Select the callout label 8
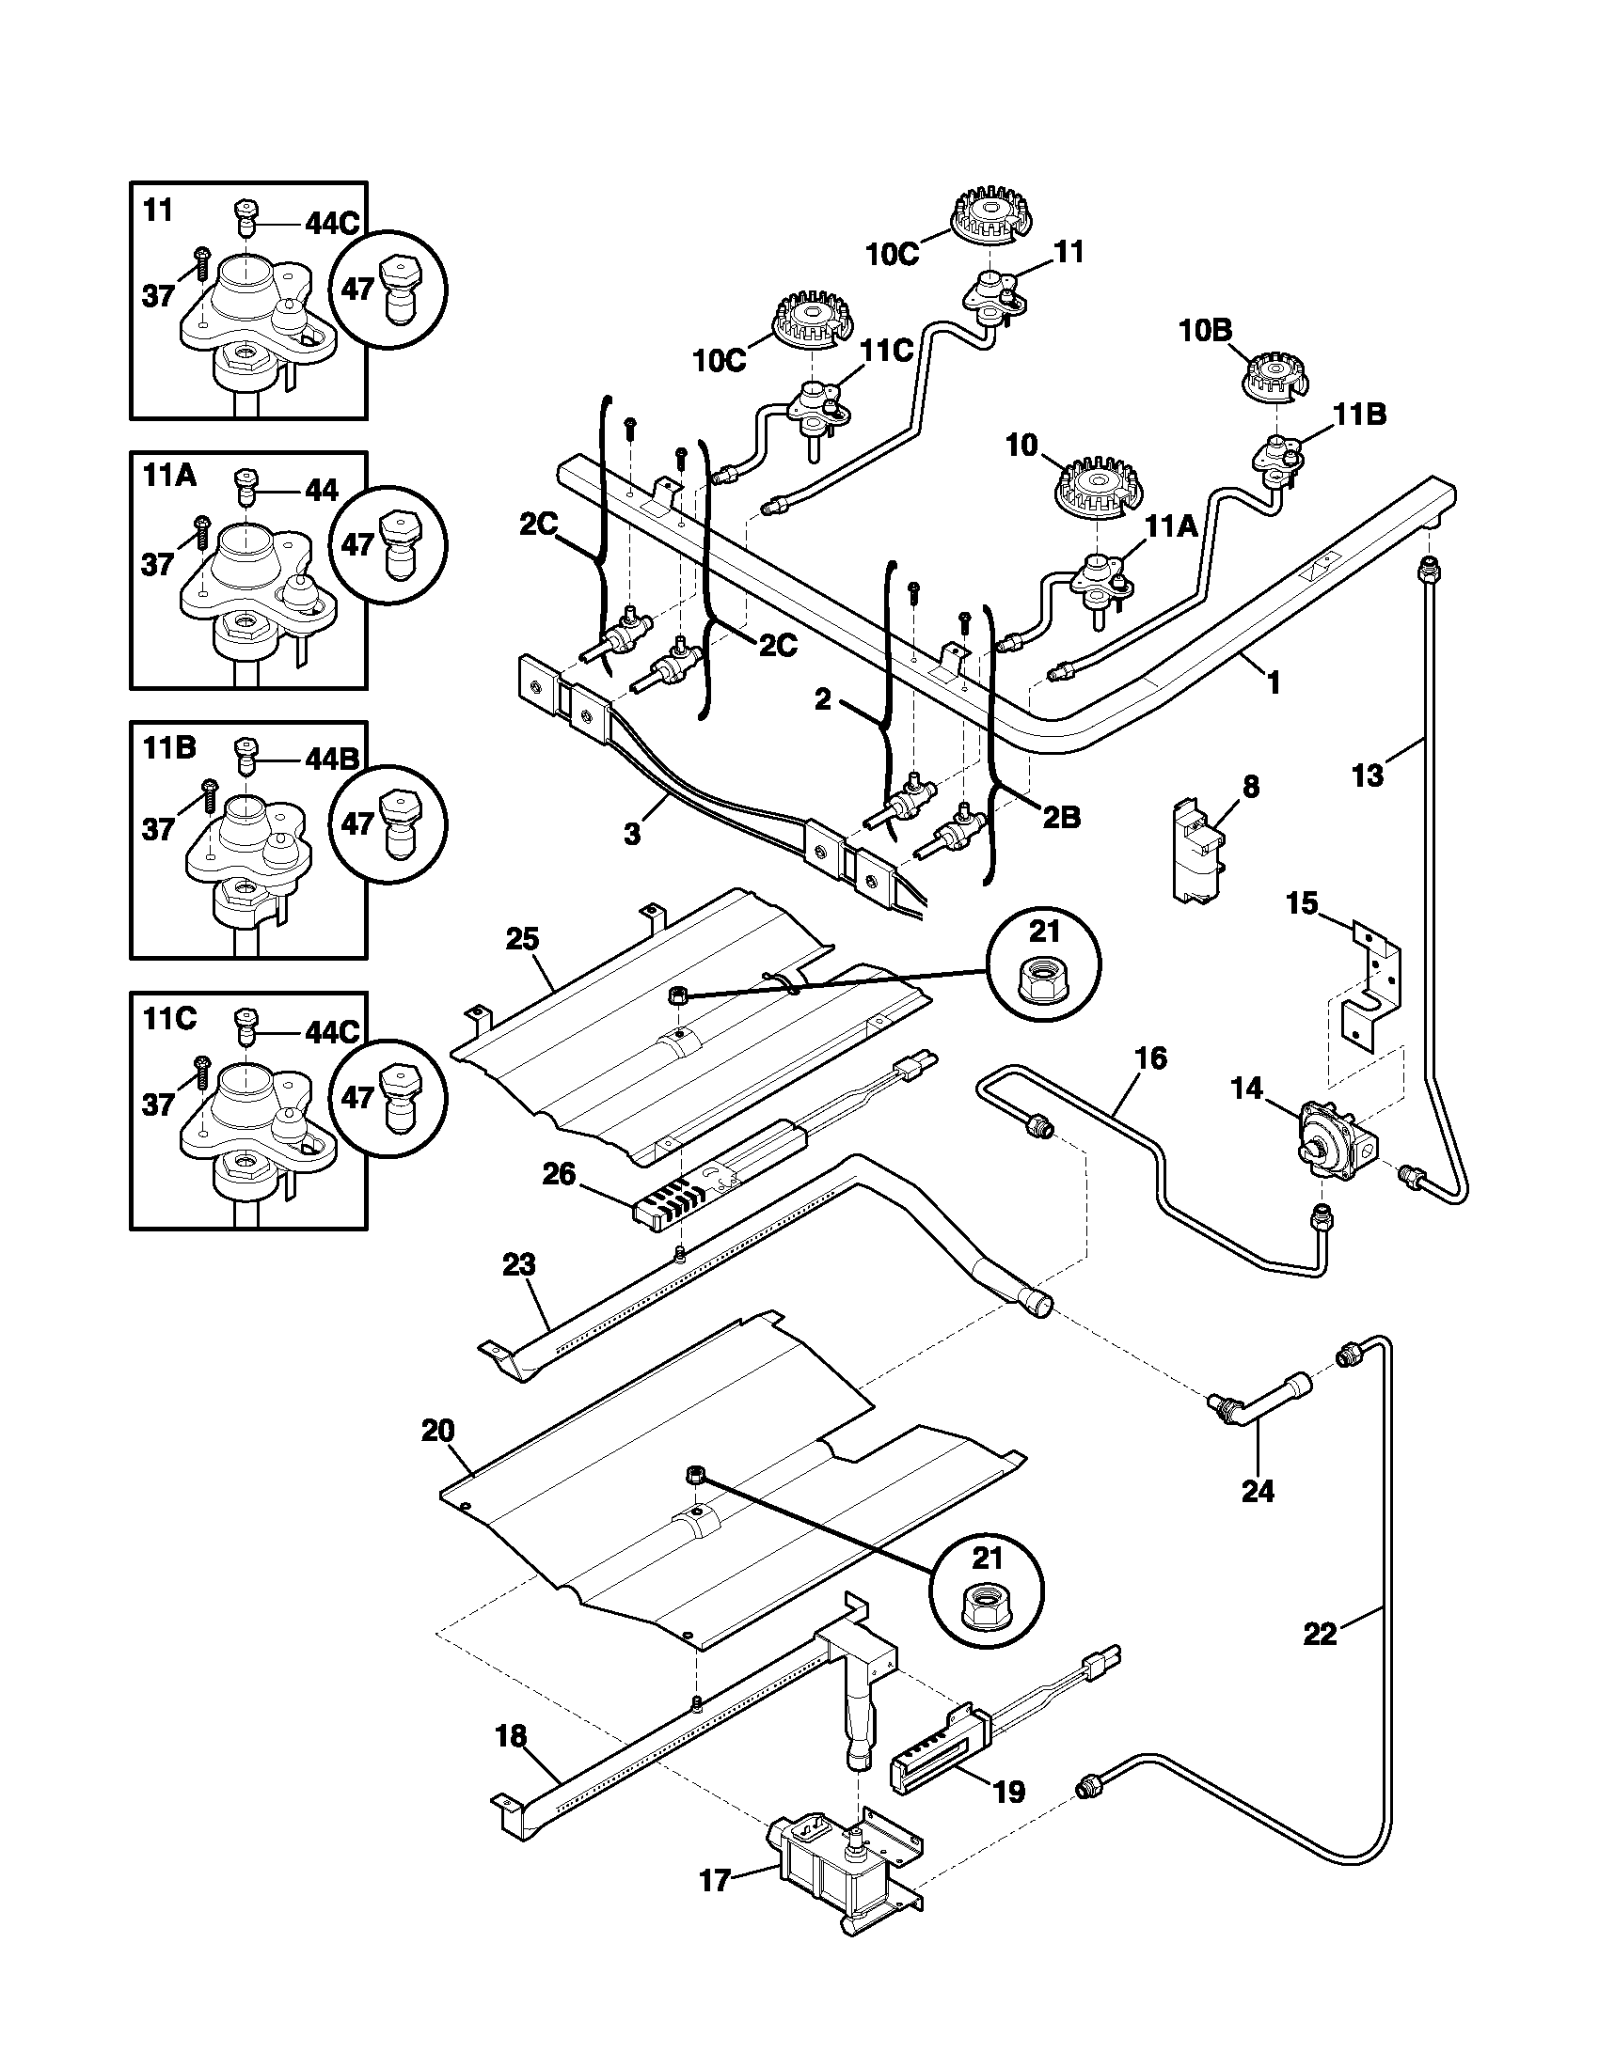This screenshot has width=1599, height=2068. tap(1250, 787)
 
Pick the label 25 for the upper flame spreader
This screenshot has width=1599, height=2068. tap(522, 939)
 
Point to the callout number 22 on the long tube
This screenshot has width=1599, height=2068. tap(1320, 1634)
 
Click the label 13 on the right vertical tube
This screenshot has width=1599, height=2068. tap(1368, 775)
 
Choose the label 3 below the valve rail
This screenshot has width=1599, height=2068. tap(632, 834)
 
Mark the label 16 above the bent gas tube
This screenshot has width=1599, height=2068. tap(1151, 1057)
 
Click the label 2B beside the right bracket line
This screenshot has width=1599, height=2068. tap(1061, 817)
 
